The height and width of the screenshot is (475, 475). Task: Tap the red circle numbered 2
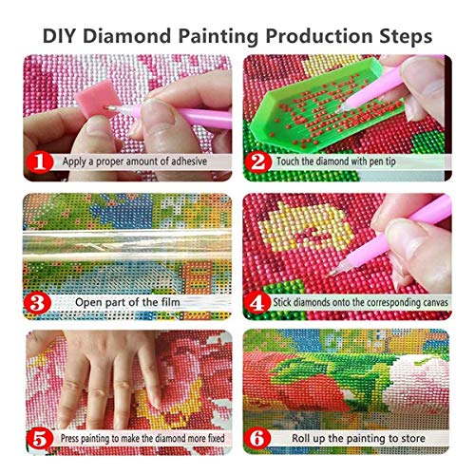[x=258, y=161]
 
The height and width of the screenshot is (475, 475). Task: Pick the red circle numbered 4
[x=258, y=302]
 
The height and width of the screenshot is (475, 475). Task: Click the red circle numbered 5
[x=39, y=440]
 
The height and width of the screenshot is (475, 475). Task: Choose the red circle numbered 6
[x=258, y=440]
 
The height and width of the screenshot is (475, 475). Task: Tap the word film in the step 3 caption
[x=176, y=303]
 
